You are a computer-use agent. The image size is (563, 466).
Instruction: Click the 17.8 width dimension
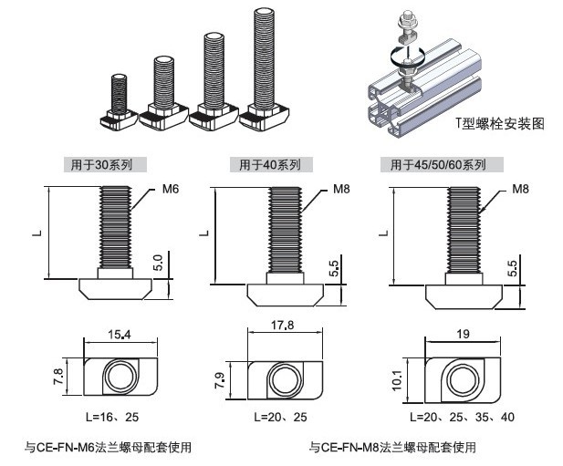click(x=283, y=326)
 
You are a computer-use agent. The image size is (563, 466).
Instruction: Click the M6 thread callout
click(x=171, y=189)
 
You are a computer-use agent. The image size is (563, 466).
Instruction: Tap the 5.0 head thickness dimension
click(x=159, y=264)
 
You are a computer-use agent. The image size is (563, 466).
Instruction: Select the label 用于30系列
click(x=101, y=165)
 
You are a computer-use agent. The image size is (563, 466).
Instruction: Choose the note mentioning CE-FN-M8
click(x=392, y=447)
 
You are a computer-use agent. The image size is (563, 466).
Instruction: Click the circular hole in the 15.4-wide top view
click(x=118, y=376)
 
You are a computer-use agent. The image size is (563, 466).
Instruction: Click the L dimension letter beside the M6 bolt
click(x=37, y=232)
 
